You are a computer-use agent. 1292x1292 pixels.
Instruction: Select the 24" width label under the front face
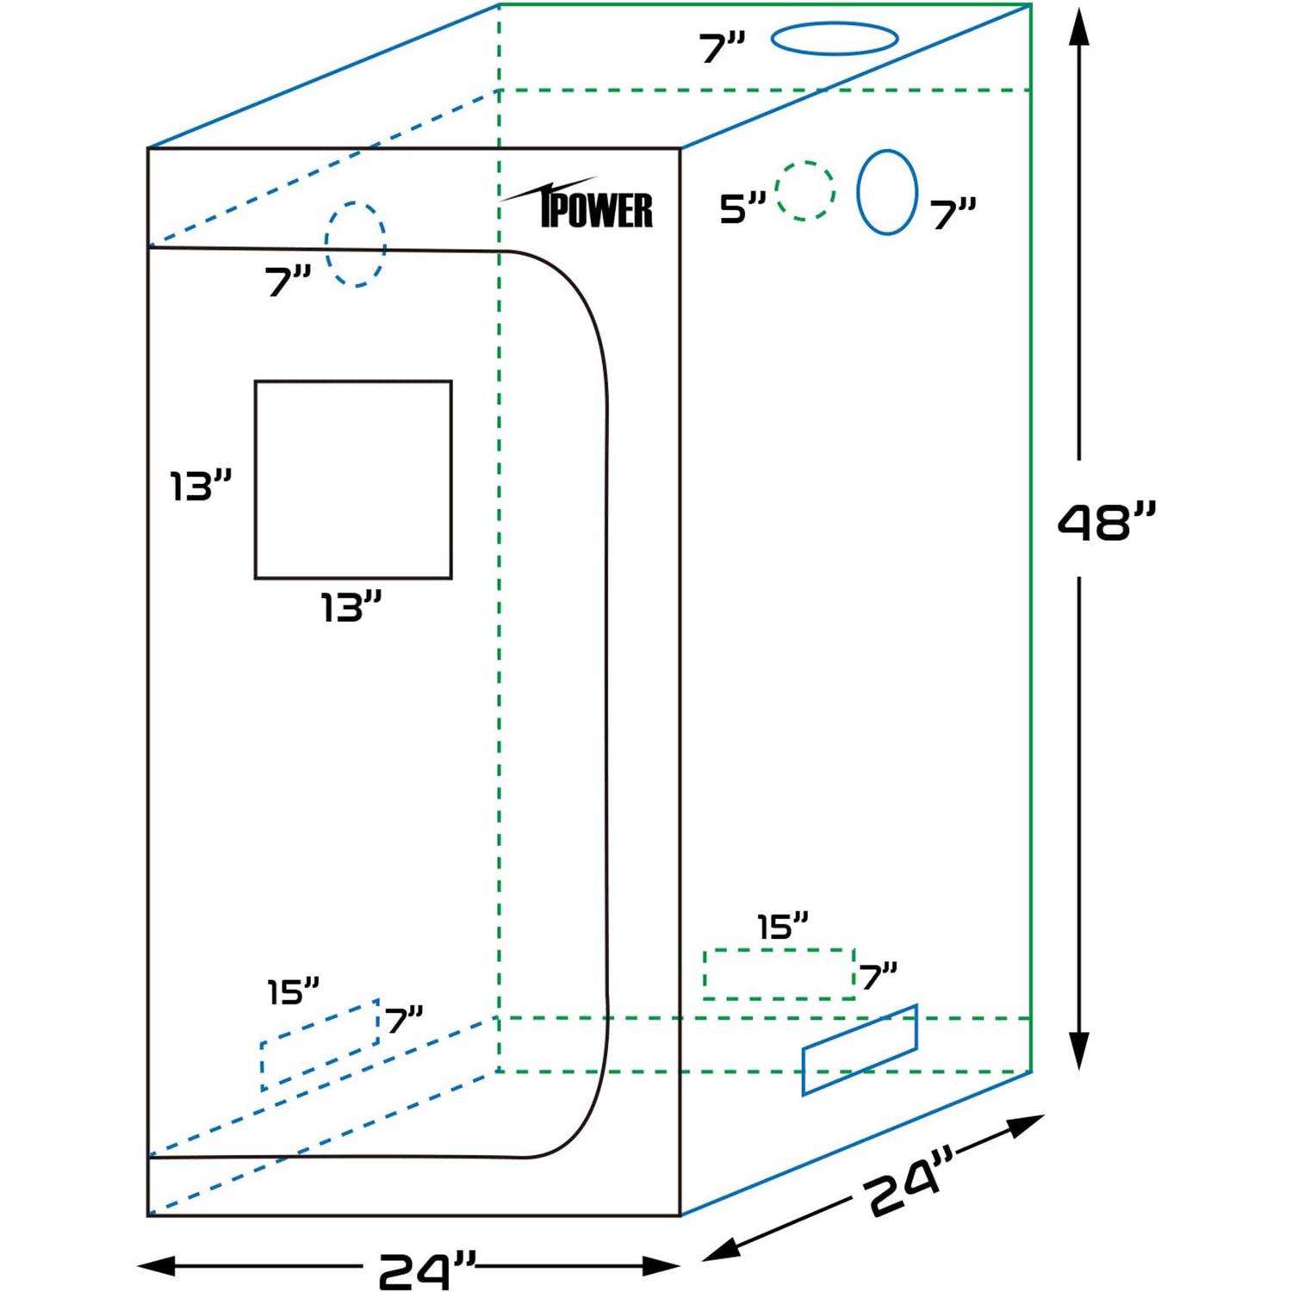click(427, 1269)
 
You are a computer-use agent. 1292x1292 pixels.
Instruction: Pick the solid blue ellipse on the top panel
click(834, 39)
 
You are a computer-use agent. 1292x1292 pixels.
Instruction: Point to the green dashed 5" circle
click(805, 190)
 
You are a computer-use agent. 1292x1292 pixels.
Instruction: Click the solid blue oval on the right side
click(886, 192)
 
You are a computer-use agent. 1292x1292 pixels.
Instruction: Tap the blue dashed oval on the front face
click(355, 245)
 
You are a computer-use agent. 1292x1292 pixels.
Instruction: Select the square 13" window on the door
click(353, 479)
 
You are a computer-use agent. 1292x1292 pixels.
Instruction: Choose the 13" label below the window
click(351, 607)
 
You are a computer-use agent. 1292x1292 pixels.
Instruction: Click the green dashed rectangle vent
click(779, 974)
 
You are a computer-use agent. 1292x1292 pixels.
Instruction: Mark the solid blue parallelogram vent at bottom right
click(860, 1050)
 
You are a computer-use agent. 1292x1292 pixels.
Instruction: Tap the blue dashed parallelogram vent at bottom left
click(320, 1046)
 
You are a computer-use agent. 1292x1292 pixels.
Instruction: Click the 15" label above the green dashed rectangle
click(782, 927)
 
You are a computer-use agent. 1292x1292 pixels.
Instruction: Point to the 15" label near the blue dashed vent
click(293, 991)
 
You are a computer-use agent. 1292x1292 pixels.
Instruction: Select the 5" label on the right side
click(742, 208)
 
